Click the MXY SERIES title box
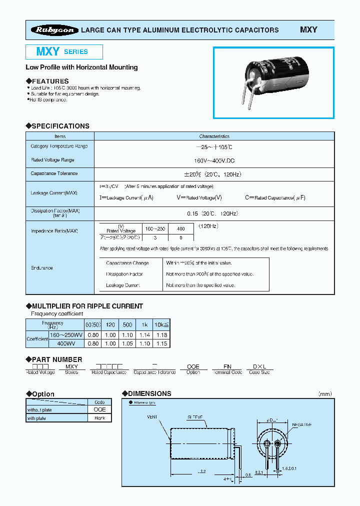coord(64,52)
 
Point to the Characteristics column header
coord(214,136)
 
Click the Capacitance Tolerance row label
coord(54,173)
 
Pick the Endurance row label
coord(42,268)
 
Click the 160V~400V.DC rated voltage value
coord(214,160)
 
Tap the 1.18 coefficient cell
coord(161,335)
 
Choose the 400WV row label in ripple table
coord(59,343)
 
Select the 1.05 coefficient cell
coord(127,343)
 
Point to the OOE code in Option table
coord(99,409)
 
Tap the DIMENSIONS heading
coord(149,393)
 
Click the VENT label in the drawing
coord(152,416)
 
